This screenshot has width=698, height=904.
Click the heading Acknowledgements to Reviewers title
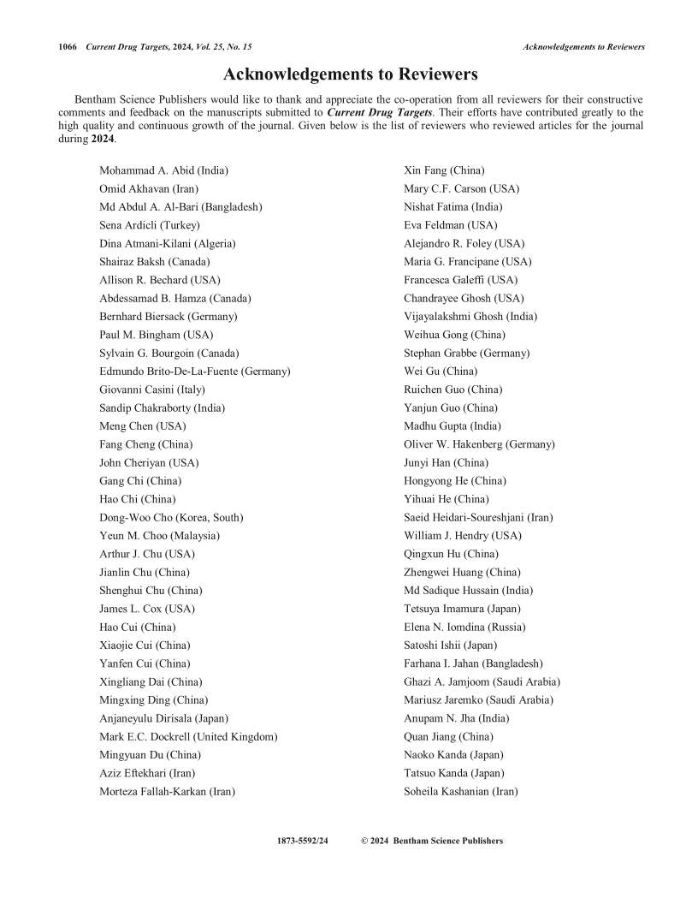[351, 74]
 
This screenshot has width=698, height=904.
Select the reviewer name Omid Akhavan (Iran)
[150, 188]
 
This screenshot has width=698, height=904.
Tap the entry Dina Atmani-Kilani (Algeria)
[168, 243]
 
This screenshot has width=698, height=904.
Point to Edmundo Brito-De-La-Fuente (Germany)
[195, 371]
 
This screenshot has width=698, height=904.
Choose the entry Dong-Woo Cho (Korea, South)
[171, 517]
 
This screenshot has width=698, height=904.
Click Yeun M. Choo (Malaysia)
[160, 535]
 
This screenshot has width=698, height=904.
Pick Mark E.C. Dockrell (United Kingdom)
[188, 736]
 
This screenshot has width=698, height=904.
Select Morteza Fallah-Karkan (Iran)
[168, 791]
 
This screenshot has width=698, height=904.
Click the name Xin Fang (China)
[445, 170]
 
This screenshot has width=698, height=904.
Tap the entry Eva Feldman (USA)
[450, 225]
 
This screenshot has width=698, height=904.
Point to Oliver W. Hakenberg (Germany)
[479, 444]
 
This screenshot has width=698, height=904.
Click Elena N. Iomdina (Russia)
[464, 627]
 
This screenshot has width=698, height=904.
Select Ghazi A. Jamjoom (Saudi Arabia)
[482, 681]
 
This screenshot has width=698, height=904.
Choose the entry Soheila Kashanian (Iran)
[460, 791]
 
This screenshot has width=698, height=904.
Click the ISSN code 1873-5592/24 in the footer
[303, 841]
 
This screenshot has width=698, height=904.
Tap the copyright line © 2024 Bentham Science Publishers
[432, 841]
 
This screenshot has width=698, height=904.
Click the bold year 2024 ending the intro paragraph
[103, 139]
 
